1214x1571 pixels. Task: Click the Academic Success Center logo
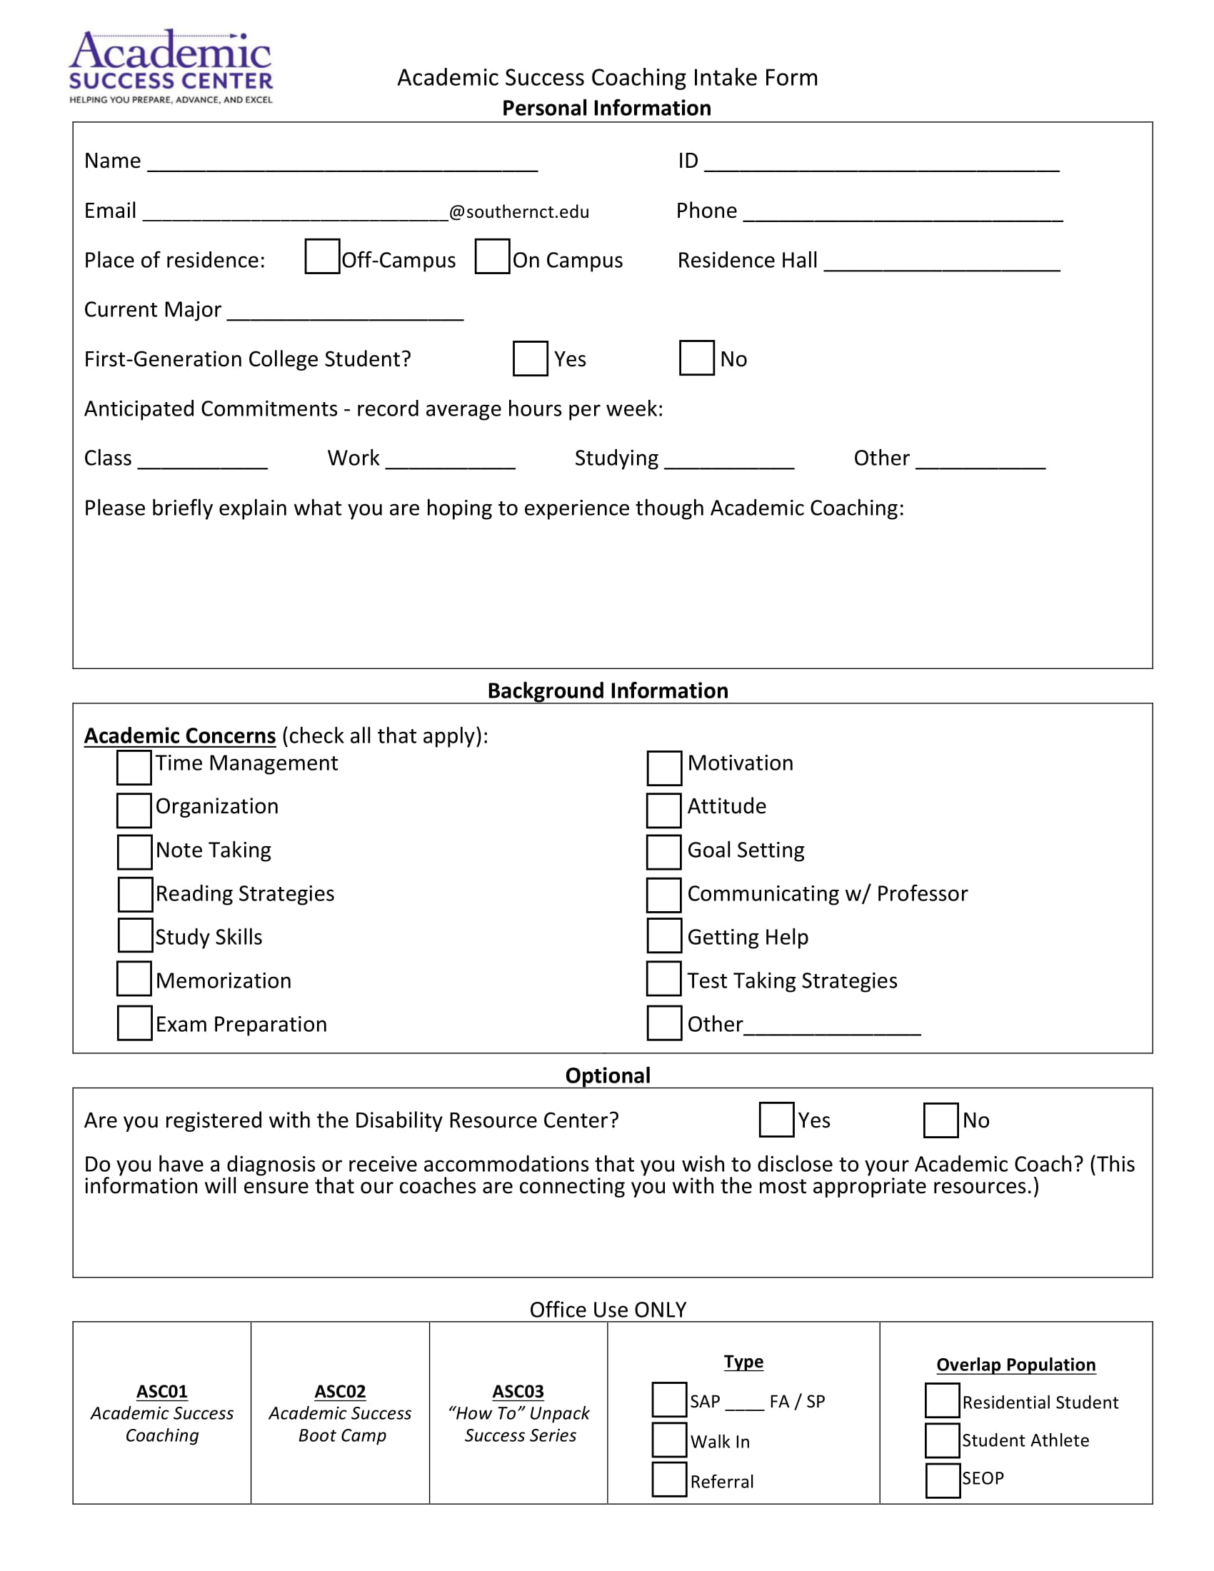(x=171, y=67)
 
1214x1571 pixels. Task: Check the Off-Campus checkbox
(x=322, y=257)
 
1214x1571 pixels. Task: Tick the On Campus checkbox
(x=493, y=257)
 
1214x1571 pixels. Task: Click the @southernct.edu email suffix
(x=518, y=212)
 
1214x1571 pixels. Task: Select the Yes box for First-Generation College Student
(x=530, y=358)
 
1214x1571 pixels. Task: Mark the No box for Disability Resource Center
(x=940, y=1120)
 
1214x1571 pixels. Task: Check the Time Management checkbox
(x=134, y=768)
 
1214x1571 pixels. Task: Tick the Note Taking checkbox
(x=134, y=852)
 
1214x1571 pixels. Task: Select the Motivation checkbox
(x=664, y=768)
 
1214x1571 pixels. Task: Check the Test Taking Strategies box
(x=663, y=979)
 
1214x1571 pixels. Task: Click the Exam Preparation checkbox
(x=134, y=1023)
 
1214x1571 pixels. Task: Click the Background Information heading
(x=608, y=691)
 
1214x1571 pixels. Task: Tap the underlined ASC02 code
(x=339, y=1391)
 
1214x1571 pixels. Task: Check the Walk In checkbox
(x=669, y=1440)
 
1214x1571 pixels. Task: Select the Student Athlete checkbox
(x=942, y=1441)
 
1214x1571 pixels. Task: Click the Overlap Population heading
(x=1015, y=1365)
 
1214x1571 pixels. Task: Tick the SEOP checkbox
(x=942, y=1480)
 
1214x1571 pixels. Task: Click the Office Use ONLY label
(x=608, y=1309)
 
